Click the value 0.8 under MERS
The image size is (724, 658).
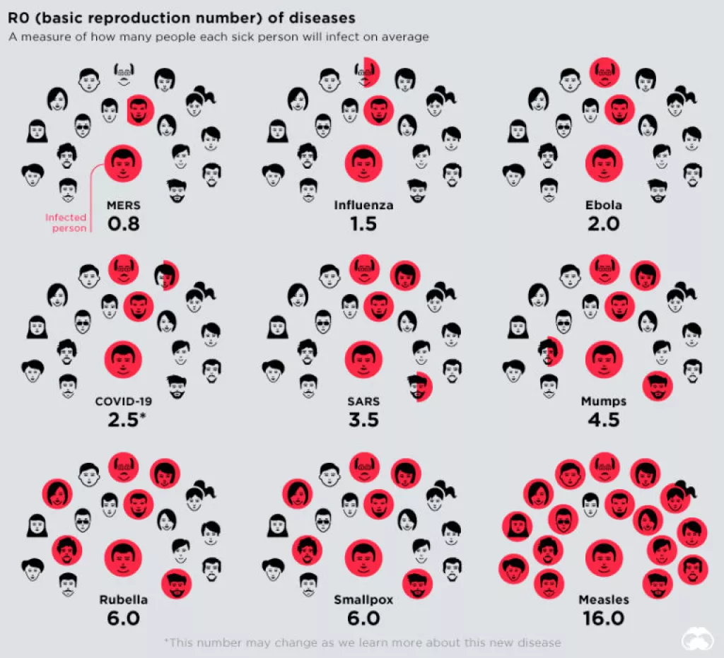(123, 224)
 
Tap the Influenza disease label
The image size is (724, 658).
(363, 206)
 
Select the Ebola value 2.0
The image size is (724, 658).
(603, 224)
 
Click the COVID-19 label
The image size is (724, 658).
(123, 401)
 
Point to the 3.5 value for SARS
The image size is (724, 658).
(363, 419)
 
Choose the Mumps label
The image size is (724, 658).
(603, 401)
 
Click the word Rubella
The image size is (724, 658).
(123, 600)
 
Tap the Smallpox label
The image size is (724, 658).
(363, 600)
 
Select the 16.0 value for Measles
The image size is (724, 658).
(603, 618)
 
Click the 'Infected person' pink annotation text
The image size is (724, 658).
(66, 223)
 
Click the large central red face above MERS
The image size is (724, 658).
(123, 163)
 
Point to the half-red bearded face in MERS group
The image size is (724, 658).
(139, 110)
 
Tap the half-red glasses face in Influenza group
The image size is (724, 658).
(367, 73)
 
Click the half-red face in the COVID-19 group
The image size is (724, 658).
(166, 275)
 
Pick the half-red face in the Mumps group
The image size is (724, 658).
(549, 351)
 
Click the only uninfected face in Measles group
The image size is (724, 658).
(590, 504)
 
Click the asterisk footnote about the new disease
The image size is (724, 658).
(362, 642)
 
